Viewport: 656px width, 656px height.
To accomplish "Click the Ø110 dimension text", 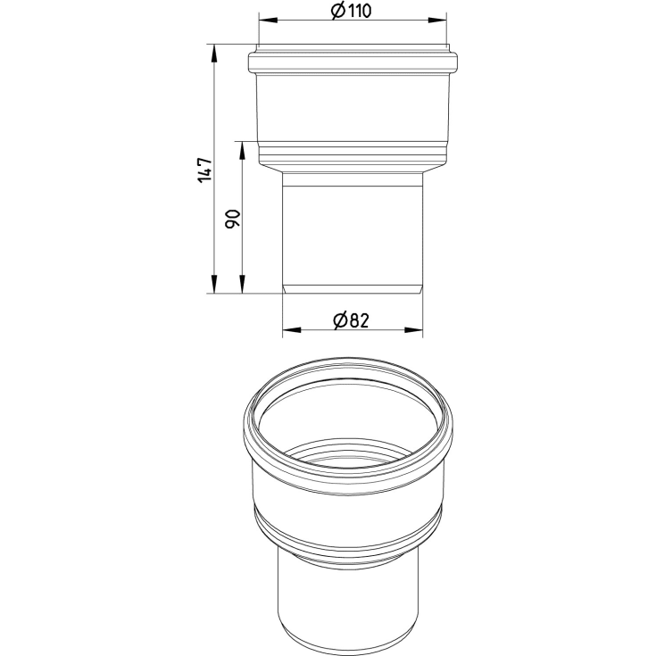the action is point(351,11).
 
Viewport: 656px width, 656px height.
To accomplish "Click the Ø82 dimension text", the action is point(351,320).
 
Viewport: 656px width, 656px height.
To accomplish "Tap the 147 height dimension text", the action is point(205,170).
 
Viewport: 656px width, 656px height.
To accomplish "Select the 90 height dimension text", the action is point(233,219).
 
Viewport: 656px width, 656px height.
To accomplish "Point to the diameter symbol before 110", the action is point(337,11).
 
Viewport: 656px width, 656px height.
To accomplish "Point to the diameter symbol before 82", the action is point(340,320).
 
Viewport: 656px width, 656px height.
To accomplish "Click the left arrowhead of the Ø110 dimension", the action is point(268,20).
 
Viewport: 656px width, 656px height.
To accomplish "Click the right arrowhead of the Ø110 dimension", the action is point(437,20).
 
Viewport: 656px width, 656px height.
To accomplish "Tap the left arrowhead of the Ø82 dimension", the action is point(292,330).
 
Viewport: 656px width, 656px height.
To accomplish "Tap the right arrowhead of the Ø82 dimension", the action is point(413,330).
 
